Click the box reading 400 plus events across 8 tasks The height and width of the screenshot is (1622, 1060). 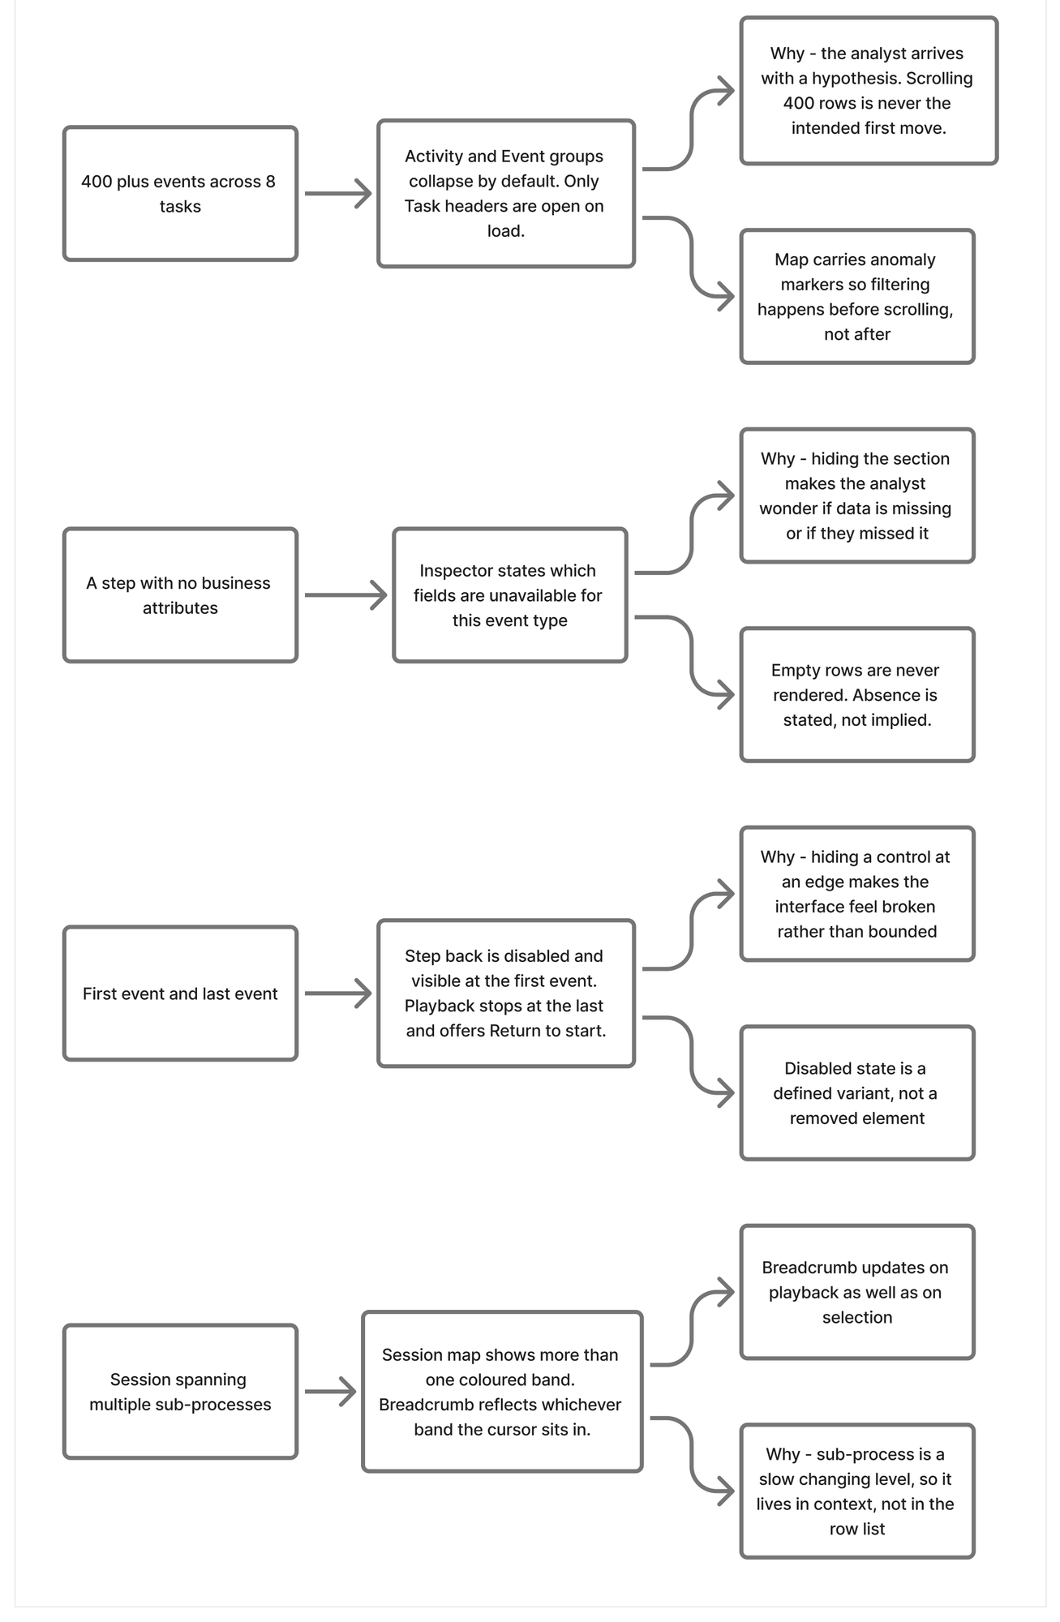(x=180, y=194)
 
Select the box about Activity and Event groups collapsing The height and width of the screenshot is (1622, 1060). (x=506, y=194)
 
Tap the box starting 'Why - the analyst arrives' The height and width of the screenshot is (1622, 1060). (x=869, y=91)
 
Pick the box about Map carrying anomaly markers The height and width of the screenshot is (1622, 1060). (x=857, y=297)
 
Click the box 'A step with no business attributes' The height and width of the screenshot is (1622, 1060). (x=180, y=595)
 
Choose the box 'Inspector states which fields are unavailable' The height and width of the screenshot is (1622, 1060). (x=510, y=595)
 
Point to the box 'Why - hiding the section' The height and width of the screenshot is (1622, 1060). (x=857, y=496)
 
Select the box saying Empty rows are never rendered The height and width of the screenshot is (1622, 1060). (x=857, y=695)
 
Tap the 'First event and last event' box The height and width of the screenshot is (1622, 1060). (x=180, y=993)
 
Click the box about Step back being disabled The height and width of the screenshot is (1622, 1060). (x=506, y=993)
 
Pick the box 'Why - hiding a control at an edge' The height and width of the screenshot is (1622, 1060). (x=857, y=894)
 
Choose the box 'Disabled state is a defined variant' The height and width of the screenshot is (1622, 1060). (x=857, y=1093)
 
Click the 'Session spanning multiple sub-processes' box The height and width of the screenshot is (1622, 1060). (x=180, y=1392)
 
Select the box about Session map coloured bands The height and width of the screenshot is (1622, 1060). (x=502, y=1392)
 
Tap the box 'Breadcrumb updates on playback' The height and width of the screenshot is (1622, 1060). (x=857, y=1292)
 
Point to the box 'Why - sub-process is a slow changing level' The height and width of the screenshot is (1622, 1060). (x=857, y=1491)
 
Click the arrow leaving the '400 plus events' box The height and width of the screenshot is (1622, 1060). (x=338, y=194)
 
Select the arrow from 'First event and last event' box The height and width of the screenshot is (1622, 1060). (x=338, y=993)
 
